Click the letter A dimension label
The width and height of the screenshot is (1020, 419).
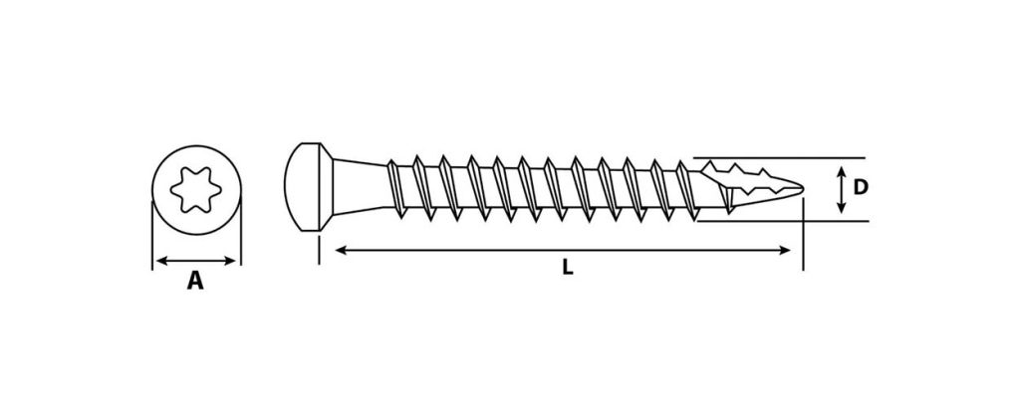196,282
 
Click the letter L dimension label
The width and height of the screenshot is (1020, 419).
568,268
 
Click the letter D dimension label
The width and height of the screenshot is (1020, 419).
860,188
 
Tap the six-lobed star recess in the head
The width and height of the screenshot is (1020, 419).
196,189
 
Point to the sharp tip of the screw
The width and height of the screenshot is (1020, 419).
803,189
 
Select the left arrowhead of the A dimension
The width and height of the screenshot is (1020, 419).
162,261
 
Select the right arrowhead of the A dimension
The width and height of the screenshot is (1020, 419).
230,261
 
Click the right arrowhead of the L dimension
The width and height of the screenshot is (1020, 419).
785,250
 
